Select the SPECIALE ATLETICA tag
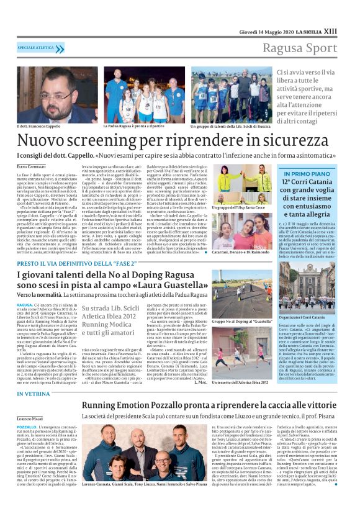click(37, 47)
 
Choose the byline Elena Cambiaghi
click(32, 166)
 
